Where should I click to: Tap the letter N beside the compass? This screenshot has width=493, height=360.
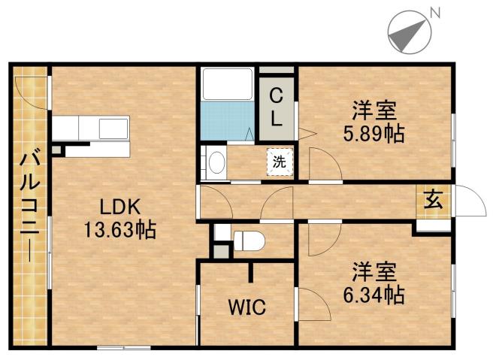tap(434, 12)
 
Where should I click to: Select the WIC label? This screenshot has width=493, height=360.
tap(246, 307)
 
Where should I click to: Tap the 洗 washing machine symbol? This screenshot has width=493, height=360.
tap(279, 161)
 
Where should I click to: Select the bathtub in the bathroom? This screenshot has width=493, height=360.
tap(228, 83)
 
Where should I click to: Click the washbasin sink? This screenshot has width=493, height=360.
tap(217, 162)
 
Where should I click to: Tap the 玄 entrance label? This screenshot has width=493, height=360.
tap(434, 199)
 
